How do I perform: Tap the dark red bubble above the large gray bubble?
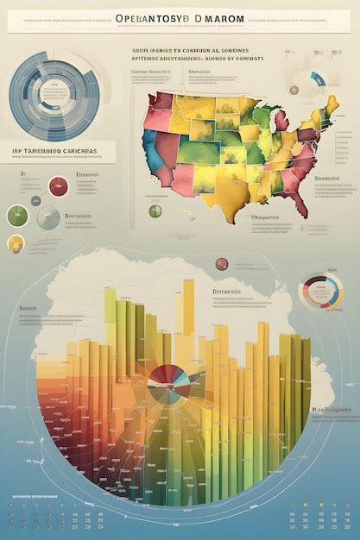(x=59, y=185)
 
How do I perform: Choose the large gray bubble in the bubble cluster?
(x=48, y=217)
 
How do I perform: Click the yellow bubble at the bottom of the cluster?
(x=16, y=244)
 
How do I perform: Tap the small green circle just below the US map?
(x=155, y=210)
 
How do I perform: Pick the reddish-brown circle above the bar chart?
(x=221, y=264)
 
